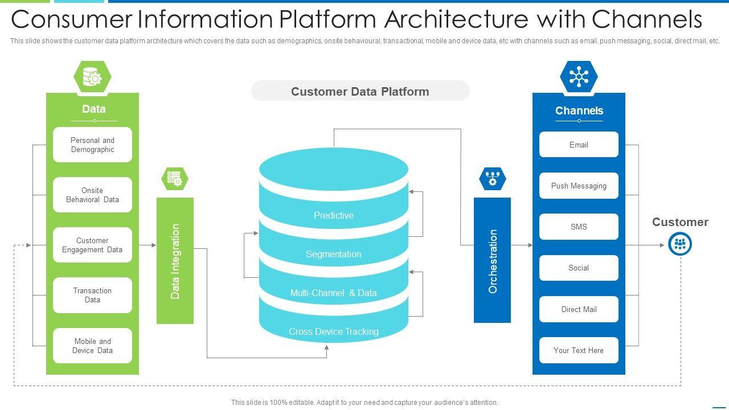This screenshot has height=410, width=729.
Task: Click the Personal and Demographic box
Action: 92,145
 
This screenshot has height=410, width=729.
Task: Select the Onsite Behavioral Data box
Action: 92,195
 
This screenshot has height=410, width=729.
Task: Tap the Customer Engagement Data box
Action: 92,245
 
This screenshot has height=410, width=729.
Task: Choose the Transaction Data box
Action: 92,295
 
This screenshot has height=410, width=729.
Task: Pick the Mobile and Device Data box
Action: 92,346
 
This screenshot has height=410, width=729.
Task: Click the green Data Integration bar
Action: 175,261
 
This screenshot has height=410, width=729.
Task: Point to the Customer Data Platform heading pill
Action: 360,91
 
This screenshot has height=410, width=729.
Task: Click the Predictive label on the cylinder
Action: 334,215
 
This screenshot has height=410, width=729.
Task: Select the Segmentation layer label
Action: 334,254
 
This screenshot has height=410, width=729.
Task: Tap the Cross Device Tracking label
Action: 334,331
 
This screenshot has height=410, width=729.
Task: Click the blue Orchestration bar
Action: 492,261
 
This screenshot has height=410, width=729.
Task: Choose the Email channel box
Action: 579,145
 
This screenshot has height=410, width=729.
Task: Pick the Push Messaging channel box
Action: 579,186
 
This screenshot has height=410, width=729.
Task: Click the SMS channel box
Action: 579,227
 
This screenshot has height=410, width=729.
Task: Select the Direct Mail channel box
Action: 579,309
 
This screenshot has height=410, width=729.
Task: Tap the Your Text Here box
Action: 579,350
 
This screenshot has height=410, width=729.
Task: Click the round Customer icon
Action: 679,244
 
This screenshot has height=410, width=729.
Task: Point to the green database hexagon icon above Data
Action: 92,76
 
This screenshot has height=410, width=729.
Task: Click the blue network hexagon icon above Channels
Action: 579,76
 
